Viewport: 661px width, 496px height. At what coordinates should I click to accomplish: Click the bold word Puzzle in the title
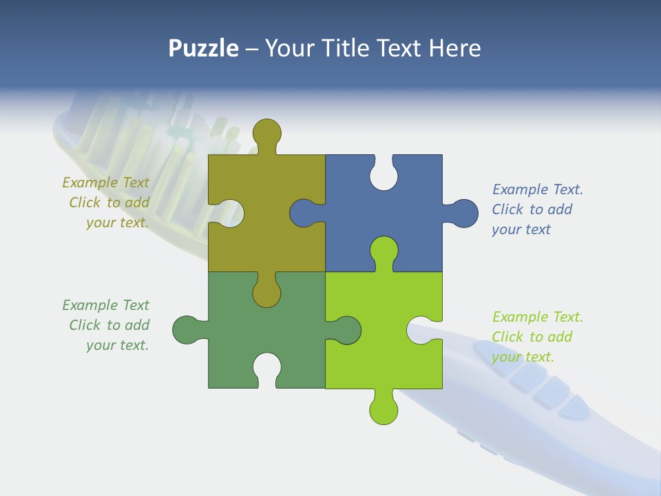(x=203, y=48)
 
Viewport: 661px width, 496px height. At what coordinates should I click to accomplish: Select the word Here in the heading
(x=454, y=48)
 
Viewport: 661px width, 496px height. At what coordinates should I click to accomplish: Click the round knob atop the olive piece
(x=266, y=134)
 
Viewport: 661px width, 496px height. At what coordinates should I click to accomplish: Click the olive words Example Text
(x=105, y=183)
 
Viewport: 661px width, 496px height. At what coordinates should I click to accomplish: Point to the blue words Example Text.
(x=538, y=189)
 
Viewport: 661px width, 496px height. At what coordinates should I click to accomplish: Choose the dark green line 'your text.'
(x=117, y=345)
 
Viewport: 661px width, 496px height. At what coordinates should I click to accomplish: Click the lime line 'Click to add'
(x=532, y=337)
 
